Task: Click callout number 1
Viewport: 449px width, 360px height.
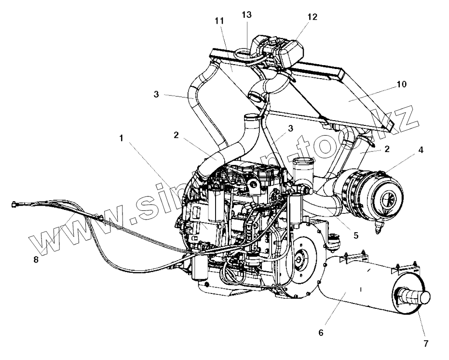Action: pyautogui.click(x=122, y=138)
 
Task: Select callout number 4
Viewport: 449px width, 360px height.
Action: pyautogui.click(x=421, y=150)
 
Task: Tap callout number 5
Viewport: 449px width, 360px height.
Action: pyautogui.click(x=355, y=235)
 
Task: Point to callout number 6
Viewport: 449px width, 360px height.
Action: pyautogui.click(x=321, y=332)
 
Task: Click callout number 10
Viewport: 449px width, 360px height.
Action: pyautogui.click(x=402, y=84)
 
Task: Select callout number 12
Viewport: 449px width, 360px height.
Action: pyautogui.click(x=312, y=17)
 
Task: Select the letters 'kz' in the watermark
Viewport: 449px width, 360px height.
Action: pyautogui.click(x=403, y=121)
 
